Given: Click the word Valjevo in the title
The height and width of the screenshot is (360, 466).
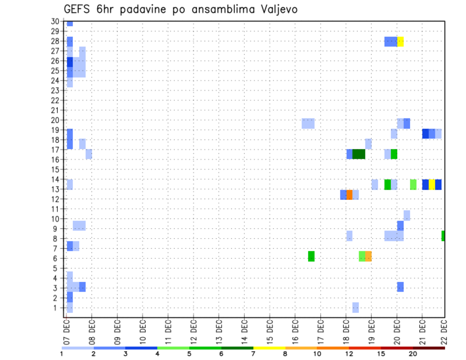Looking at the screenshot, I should tap(277, 9).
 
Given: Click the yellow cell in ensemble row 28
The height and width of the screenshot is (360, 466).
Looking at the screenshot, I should tap(400, 42).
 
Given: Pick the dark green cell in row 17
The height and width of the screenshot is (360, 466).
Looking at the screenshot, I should tap(359, 154).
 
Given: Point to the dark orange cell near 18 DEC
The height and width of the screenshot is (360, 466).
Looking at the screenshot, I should tap(349, 195).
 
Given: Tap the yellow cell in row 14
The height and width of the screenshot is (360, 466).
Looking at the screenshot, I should tap(432, 184).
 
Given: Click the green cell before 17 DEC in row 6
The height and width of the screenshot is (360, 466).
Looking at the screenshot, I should tap(311, 256).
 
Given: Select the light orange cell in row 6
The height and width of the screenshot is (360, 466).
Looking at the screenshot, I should tap(368, 256).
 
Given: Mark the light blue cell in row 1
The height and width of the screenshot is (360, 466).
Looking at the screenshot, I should tap(356, 307).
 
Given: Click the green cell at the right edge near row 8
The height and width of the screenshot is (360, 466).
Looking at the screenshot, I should tap(443, 236).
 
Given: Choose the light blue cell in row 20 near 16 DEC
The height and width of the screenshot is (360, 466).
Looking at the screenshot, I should tap(308, 123).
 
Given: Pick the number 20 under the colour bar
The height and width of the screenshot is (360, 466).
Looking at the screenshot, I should tap(413, 354).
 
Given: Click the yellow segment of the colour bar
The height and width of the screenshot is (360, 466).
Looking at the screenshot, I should tap(269, 348).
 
